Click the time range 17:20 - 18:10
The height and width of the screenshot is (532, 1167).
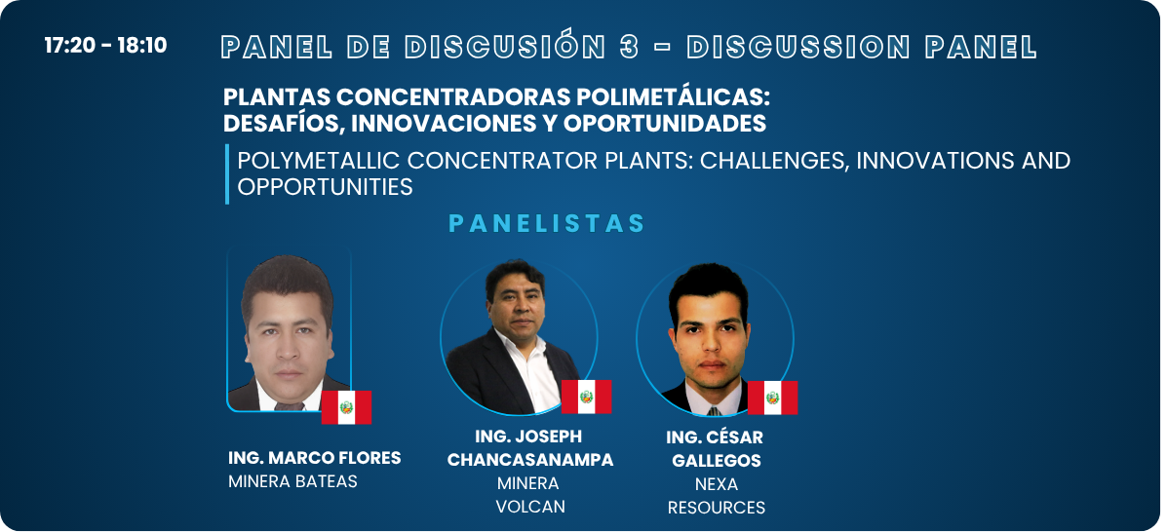click(105, 46)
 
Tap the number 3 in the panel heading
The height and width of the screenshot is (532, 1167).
click(629, 47)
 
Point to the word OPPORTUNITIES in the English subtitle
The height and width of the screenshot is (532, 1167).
click(326, 187)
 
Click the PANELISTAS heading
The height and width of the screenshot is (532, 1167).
click(547, 224)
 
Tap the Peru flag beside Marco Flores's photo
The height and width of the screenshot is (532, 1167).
click(346, 407)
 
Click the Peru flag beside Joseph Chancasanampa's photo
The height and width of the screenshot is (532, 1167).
click(587, 397)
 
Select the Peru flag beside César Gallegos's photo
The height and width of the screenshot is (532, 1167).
click(772, 398)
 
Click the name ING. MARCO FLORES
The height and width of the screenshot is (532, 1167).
click(315, 458)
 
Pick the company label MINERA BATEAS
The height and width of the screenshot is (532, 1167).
click(292, 481)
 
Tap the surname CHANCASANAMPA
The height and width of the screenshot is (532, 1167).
click(530, 460)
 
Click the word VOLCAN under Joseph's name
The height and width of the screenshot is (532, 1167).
click(530, 507)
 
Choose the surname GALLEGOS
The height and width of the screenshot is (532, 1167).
click(717, 461)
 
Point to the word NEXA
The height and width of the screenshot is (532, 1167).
click(717, 484)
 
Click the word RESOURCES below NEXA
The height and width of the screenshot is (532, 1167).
click(717, 509)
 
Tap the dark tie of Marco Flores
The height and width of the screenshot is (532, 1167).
click(289, 406)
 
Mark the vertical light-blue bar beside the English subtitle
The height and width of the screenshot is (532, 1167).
click(227, 173)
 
